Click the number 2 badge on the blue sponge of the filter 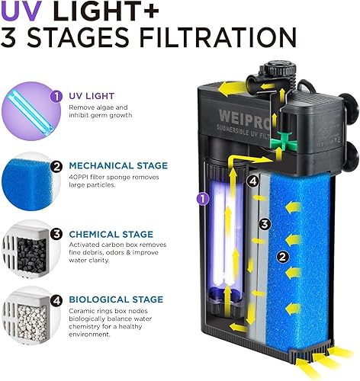pos(282,258)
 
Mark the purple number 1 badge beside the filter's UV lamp pos(202,198)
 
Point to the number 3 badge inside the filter pos(264,224)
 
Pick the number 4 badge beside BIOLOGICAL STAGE pos(78,300)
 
